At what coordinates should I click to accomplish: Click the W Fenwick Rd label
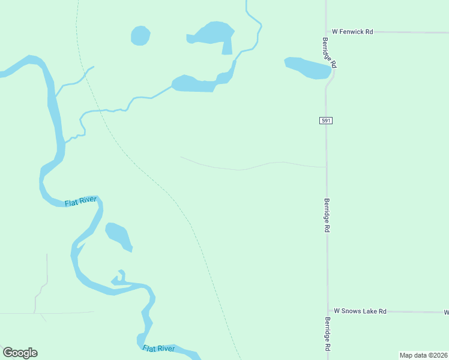coord(352,31)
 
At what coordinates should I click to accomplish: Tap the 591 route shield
coord(325,121)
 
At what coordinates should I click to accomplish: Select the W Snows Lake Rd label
coord(360,311)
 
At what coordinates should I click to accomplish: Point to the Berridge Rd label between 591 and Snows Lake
coord(327,215)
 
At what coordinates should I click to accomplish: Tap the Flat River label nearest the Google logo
coord(159,349)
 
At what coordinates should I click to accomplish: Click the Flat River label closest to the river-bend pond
coord(80,201)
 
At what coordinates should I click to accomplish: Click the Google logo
coord(20,353)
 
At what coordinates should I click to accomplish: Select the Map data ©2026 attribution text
coord(423,355)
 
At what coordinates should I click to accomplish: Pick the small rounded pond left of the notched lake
coord(140,35)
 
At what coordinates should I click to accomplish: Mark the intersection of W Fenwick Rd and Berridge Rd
coord(326,31)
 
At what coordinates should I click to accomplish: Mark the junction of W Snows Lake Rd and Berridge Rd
coord(327,312)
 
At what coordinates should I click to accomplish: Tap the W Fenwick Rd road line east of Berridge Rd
coord(408,32)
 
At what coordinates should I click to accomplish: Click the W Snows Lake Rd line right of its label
coord(414,312)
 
